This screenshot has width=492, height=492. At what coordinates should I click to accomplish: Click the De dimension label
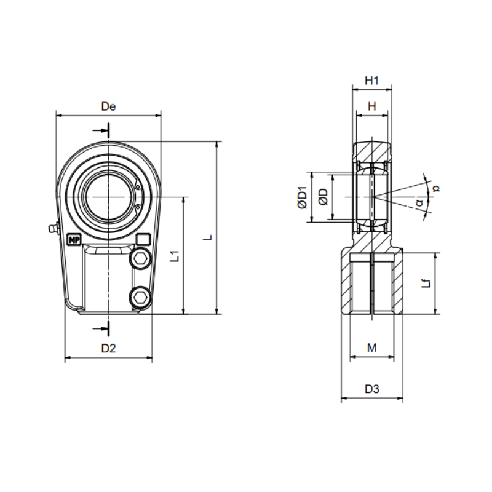(109, 106)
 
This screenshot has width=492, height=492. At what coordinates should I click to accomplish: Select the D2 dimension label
(109, 348)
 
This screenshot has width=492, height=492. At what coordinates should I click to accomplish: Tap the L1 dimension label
(175, 256)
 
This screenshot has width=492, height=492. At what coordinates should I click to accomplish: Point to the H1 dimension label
(372, 81)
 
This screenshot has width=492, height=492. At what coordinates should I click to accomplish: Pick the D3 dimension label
(372, 389)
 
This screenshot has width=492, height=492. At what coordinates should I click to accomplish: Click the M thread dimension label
(372, 347)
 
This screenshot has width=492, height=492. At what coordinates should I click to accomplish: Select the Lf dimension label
(426, 284)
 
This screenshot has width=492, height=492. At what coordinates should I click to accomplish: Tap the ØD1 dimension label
(303, 197)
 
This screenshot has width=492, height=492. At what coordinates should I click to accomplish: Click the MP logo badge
(74, 240)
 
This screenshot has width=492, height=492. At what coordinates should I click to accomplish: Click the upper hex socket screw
(140, 258)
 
